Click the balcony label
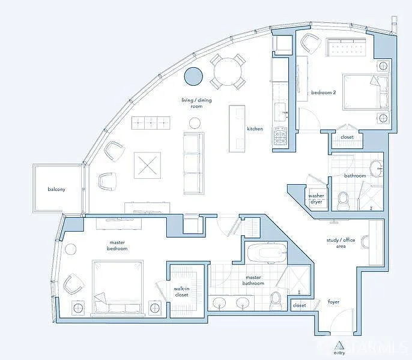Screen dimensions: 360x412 pyautogui.click(x=56, y=190)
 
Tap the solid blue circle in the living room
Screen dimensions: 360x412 pyautogui.click(x=193, y=76)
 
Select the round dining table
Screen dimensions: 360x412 pyautogui.click(x=228, y=71)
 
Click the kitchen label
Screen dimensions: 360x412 pyautogui.click(x=255, y=129)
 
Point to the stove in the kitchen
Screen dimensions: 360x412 pyautogui.click(x=281, y=136)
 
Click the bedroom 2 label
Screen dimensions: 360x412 pyautogui.click(x=323, y=92)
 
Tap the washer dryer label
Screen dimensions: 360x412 pyautogui.click(x=317, y=199)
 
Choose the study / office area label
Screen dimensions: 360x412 pyautogui.click(x=341, y=243)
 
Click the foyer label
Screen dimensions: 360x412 pyautogui.click(x=333, y=302)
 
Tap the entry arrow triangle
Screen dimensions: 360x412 pyautogui.click(x=339, y=345)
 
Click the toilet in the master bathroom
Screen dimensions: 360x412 pyautogui.click(x=276, y=300)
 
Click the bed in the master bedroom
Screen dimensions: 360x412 pyautogui.click(x=118, y=287)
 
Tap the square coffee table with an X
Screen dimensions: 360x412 pyautogui.click(x=147, y=164)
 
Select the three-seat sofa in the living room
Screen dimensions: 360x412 pyautogui.click(x=193, y=163)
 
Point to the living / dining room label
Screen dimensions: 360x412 pyautogui.click(x=196, y=103)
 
